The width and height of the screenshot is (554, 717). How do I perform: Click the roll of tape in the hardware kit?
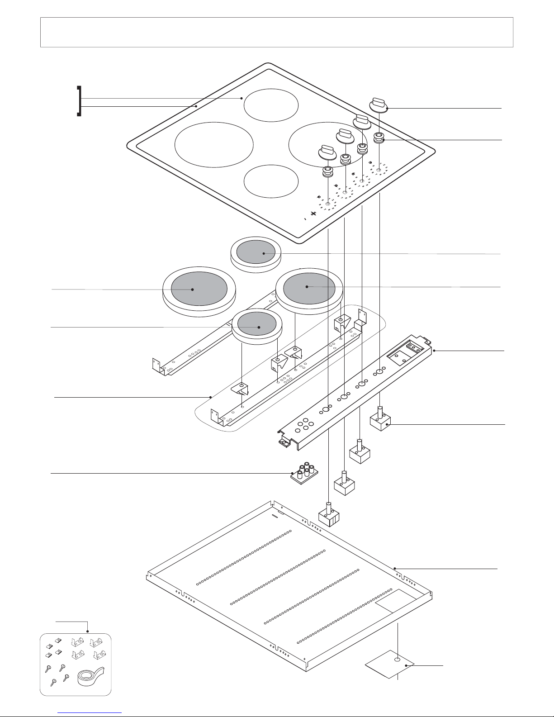tap(90, 676)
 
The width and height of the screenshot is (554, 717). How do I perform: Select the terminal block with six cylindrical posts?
tap(304, 473)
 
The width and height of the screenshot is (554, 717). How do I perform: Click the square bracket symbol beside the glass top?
tap(80, 101)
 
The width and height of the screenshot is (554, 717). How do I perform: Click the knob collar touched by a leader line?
tap(379, 138)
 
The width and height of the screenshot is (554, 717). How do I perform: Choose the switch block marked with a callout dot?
tap(381, 421)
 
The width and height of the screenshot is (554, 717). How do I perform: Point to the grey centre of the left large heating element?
tap(193, 288)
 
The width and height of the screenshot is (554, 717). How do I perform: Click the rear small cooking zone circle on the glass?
tap(271, 104)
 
